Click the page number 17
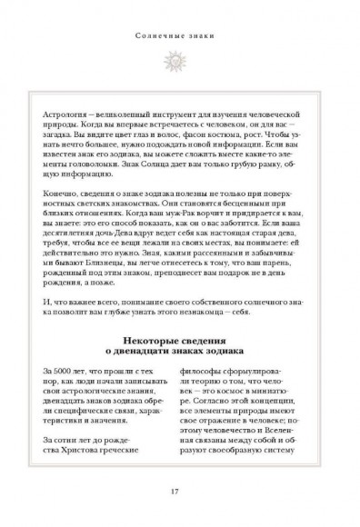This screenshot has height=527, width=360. (x=180, y=493)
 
